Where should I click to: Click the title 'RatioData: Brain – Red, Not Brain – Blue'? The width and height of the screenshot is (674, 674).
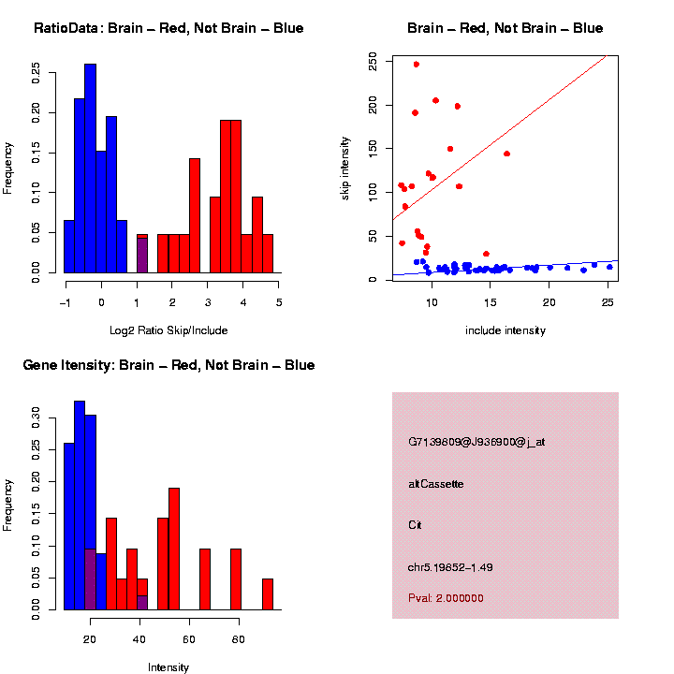pyautogui.click(x=168, y=28)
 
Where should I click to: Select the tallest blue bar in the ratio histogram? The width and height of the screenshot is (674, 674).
pyautogui.click(x=90, y=168)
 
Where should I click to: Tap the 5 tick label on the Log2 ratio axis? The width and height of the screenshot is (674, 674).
pyautogui.click(x=278, y=302)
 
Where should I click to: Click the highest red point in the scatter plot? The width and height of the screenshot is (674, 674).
pyautogui.click(x=417, y=65)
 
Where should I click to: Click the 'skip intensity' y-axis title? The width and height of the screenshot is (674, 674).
pyautogui.click(x=345, y=167)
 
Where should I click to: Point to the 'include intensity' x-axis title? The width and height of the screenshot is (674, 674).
pyautogui.click(x=505, y=330)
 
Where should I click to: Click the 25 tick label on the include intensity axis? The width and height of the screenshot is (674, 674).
pyautogui.click(x=607, y=302)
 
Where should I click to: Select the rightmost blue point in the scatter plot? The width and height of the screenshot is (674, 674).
pyautogui.click(x=609, y=267)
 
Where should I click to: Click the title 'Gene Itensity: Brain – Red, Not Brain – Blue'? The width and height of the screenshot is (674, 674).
pyautogui.click(x=168, y=365)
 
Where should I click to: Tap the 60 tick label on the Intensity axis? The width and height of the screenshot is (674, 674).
pyautogui.click(x=189, y=639)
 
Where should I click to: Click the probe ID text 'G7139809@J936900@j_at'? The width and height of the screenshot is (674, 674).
pyautogui.click(x=476, y=442)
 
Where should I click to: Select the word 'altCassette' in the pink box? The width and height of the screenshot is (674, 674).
pyautogui.click(x=435, y=484)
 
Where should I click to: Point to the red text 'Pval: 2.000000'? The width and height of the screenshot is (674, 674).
pyautogui.click(x=446, y=598)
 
